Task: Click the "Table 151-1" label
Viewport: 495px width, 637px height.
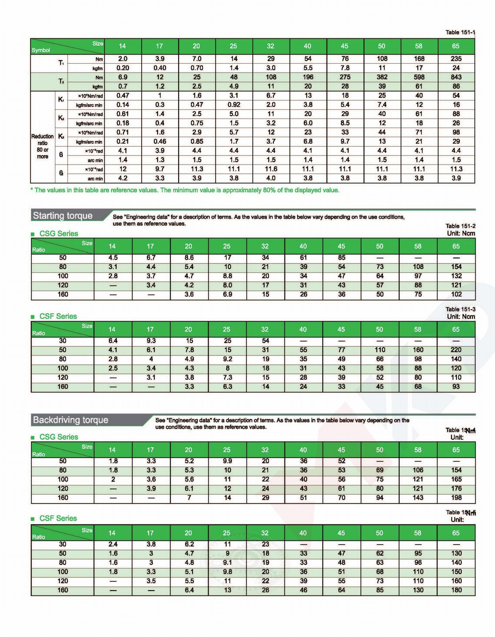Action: [x=460, y=32]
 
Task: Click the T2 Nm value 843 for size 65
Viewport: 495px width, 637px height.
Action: [x=456, y=77]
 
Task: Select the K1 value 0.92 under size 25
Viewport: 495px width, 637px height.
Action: [x=234, y=104]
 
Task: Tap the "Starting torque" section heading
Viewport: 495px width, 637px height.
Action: [x=63, y=216]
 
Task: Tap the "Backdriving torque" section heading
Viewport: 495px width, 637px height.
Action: [x=71, y=420]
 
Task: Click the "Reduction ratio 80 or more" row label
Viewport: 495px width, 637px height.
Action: [x=42, y=146]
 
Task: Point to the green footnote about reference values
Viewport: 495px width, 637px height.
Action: [x=185, y=190]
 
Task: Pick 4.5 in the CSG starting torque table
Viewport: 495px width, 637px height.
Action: [x=113, y=258]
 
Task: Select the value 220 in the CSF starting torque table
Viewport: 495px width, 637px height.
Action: [x=456, y=350]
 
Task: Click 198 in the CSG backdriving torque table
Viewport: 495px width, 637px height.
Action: [x=456, y=497]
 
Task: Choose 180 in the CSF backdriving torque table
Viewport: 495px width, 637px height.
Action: [x=456, y=590]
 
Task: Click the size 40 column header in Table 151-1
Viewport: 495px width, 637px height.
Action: [x=307, y=46]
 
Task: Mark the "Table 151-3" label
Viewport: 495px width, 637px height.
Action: [x=460, y=309]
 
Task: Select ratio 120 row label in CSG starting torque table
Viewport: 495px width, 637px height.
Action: [x=63, y=285]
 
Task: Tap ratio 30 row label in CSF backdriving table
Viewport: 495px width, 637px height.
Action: [x=63, y=544]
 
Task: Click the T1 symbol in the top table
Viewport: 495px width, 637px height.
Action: [x=61, y=63]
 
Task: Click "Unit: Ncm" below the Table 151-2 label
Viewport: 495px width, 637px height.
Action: [x=461, y=233]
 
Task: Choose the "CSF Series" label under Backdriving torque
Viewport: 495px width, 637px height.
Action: [x=58, y=518]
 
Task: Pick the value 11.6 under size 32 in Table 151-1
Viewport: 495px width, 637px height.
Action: [x=270, y=169]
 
